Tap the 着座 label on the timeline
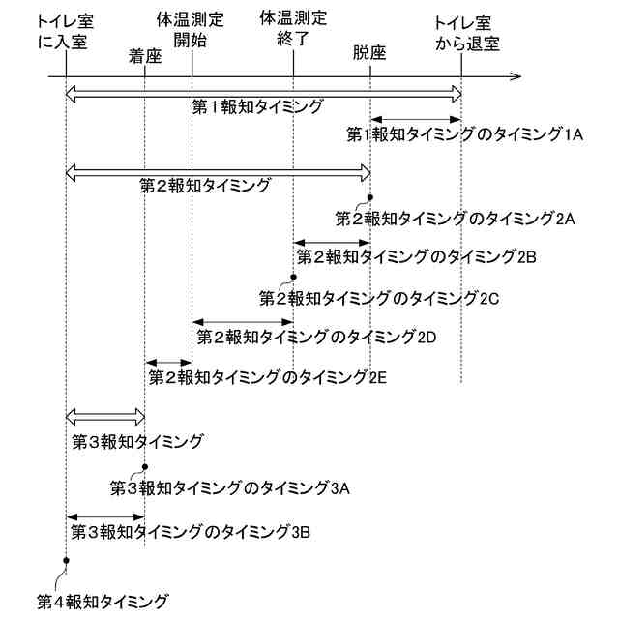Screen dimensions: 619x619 (x=144, y=55)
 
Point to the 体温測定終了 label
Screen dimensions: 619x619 (x=294, y=30)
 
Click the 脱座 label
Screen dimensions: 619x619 (x=369, y=55)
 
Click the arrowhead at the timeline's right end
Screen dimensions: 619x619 (x=516, y=74)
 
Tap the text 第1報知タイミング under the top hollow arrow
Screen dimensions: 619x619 (x=257, y=106)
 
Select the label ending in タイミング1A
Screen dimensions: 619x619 (x=464, y=134)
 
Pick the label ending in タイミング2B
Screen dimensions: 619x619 (x=417, y=256)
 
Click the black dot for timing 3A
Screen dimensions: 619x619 (x=144, y=467)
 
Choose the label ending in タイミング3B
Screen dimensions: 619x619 (x=192, y=532)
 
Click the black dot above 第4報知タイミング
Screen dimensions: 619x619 (x=65, y=560)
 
